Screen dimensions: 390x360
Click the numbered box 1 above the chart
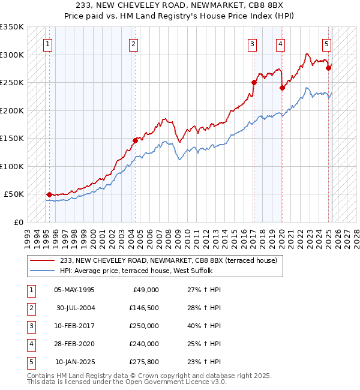point(47,43)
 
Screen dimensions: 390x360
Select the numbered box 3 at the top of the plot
point(253,43)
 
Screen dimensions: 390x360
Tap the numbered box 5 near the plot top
point(326,43)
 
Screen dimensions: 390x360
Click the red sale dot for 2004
point(135,140)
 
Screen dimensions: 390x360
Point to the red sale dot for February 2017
point(254,82)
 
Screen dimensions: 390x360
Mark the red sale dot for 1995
point(49,194)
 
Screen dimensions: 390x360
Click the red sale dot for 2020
point(282,88)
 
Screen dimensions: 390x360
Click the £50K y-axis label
point(14,194)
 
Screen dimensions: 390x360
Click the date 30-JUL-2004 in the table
point(75,307)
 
